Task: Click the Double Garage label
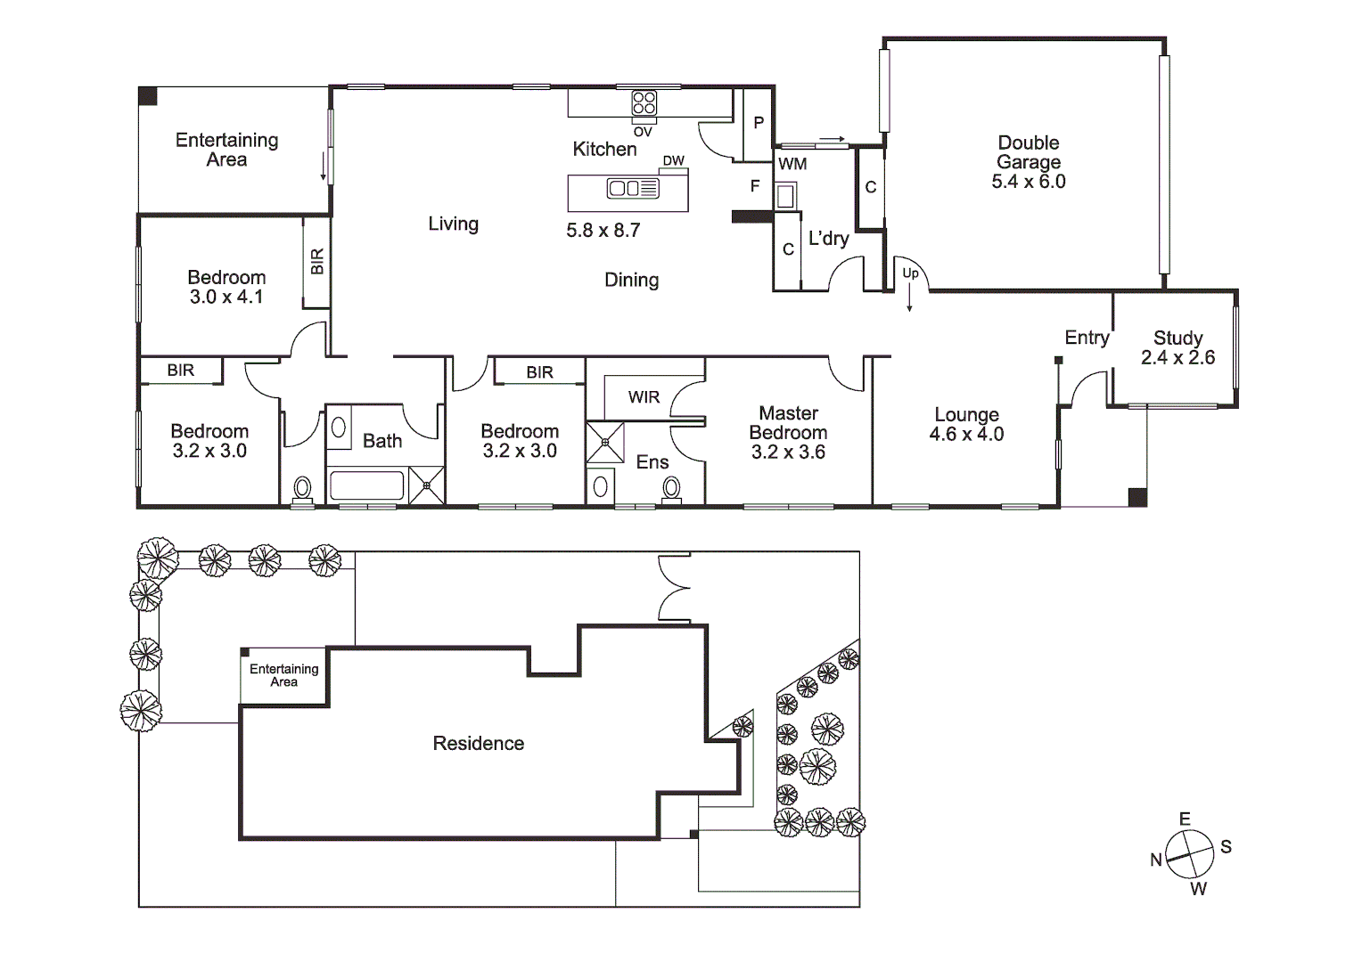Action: click(x=1029, y=152)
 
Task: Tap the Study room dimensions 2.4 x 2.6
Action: click(x=1177, y=358)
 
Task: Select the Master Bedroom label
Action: click(x=788, y=423)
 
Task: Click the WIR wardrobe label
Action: click(x=644, y=397)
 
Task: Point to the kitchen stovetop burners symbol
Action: click(x=644, y=103)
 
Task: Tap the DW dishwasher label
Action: click(x=673, y=161)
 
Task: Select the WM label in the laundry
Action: click(x=792, y=164)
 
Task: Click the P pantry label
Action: click(x=759, y=123)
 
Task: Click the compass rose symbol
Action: click(x=1190, y=853)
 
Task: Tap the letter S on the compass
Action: click(x=1226, y=847)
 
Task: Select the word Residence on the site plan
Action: click(x=478, y=744)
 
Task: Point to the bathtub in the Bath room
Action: click(x=366, y=486)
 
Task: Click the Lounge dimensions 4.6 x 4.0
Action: click(x=966, y=435)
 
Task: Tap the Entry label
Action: click(x=1087, y=338)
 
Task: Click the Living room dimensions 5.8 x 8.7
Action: click(x=603, y=231)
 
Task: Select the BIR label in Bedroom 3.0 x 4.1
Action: click(x=317, y=262)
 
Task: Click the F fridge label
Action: click(x=755, y=186)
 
